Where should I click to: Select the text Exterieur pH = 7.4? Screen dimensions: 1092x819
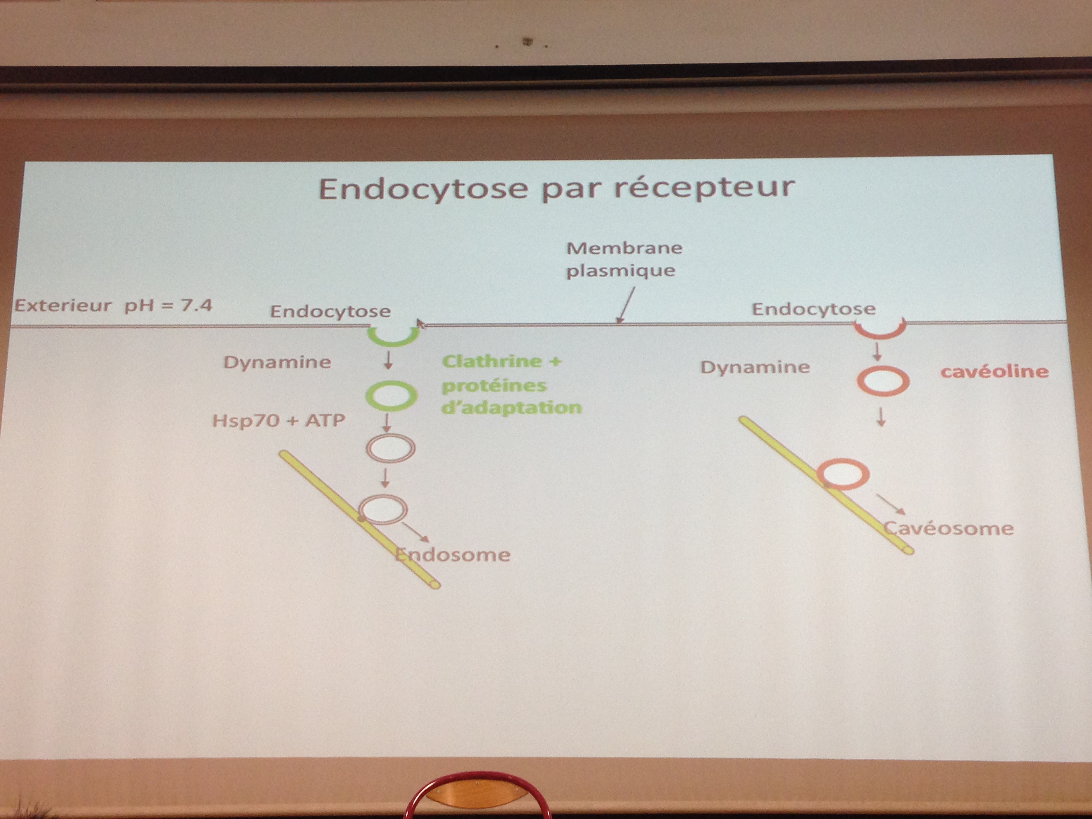[113, 305]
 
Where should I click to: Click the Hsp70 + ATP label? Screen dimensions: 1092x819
[278, 421]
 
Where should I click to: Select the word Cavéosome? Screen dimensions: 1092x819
[948, 528]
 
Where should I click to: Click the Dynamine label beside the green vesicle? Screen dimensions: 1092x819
[277, 362]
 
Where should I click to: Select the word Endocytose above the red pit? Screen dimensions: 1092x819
[814, 309]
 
